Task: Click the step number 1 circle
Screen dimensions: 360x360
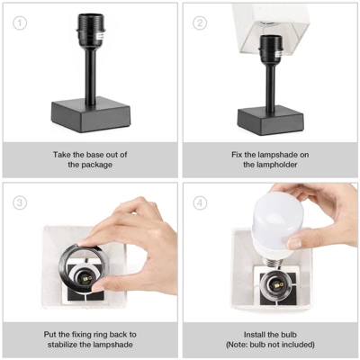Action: (18, 22)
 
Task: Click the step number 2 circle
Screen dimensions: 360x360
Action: (200, 22)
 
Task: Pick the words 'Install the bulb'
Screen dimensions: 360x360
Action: (271, 334)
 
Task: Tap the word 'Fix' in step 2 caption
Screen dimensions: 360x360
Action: (229, 155)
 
